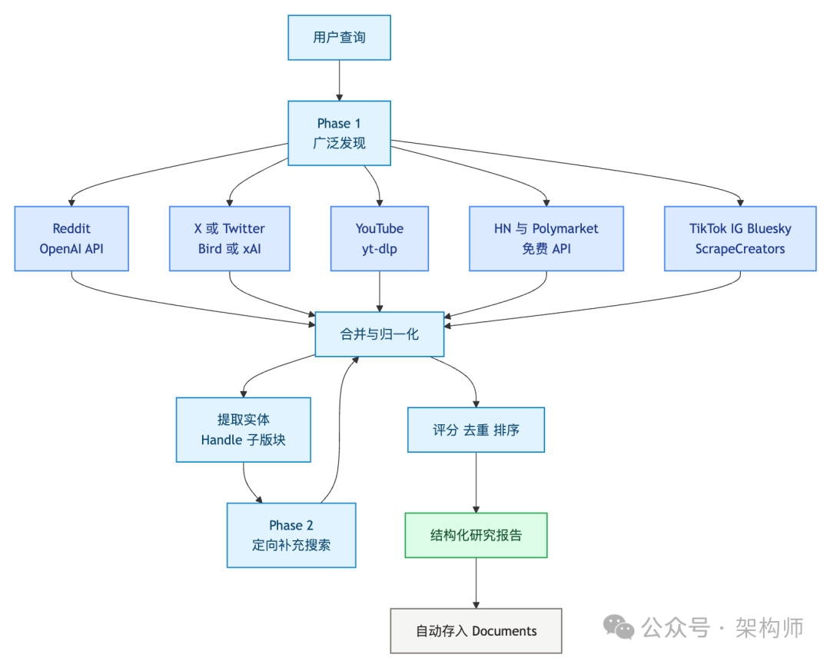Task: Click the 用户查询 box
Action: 339,38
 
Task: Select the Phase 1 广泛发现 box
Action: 339,133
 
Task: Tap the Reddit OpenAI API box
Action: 71,238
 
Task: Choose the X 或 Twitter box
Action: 229,238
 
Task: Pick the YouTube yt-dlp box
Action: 379,238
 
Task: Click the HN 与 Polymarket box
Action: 546,238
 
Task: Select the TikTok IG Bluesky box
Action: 739,238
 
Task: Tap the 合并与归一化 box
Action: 379,334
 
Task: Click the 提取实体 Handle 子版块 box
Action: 243,430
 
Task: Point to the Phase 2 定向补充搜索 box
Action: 291,535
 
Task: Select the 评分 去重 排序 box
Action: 476,430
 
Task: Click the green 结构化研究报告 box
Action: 476,535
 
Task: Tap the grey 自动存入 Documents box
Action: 476,631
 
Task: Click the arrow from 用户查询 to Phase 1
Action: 339,81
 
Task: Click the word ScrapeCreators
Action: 739,248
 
